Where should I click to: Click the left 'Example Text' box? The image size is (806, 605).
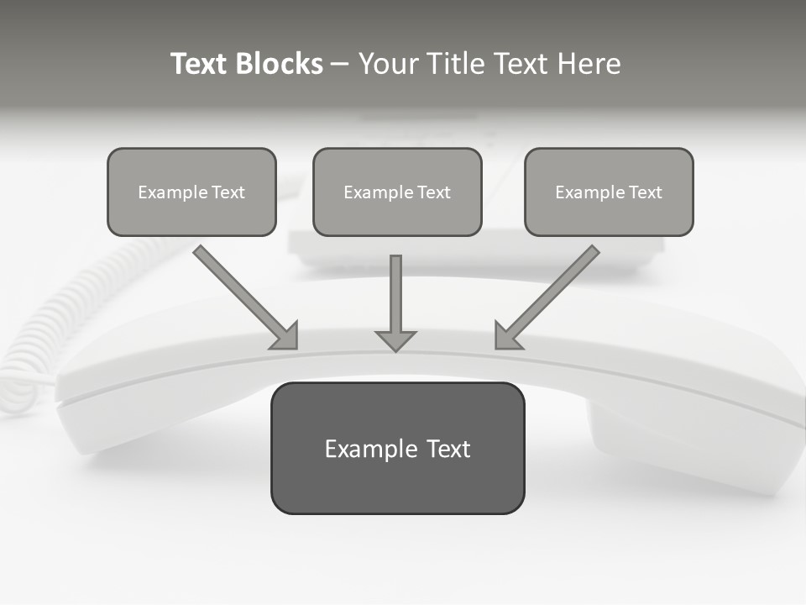tap(191, 192)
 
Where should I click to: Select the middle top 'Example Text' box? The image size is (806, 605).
tap(397, 192)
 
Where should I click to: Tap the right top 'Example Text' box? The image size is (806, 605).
tap(609, 192)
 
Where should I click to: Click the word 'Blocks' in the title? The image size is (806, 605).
tap(279, 64)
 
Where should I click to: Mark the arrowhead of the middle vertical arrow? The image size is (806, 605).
tap(395, 340)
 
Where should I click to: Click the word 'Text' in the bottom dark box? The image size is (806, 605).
tap(448, 449)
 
